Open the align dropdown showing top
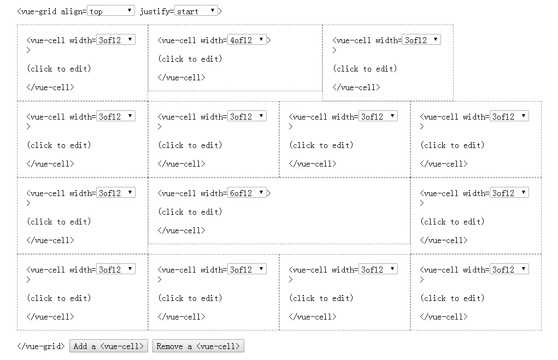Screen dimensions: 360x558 (110, 11)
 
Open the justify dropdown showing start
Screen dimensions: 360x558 (196, 11)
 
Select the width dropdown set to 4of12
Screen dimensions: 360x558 (246, 40)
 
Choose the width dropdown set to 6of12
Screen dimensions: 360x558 (246, 193)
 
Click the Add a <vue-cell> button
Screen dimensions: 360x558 (108, 346)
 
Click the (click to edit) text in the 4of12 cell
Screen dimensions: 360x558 (190, 59)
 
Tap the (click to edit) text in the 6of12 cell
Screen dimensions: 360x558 (190, 212)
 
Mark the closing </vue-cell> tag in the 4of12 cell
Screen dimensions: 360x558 (181, 78)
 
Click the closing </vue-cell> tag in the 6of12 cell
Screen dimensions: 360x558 (181, 231)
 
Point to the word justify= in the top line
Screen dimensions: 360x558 (157, 11)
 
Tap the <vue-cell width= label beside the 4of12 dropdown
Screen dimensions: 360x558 (192, 40)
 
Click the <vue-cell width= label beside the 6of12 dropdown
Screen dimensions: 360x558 (192, 193)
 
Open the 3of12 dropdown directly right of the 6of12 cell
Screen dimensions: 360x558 (509, 193)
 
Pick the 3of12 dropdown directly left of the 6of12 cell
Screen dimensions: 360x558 (115, 193)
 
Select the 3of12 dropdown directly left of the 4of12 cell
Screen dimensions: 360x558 (115, 40)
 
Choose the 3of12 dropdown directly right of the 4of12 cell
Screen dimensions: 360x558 (421, 40)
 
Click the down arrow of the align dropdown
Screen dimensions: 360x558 (130, 10)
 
